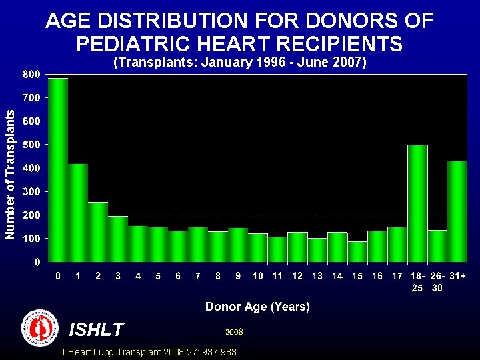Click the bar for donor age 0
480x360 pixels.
58,170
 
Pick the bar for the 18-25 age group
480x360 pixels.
417,203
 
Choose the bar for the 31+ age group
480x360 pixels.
457,211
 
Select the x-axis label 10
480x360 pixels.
258,276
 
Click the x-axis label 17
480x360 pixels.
397,276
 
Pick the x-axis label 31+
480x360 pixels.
457,276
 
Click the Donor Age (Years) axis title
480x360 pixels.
257,307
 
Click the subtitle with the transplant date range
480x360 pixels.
239,63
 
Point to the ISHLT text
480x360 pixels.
97,329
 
